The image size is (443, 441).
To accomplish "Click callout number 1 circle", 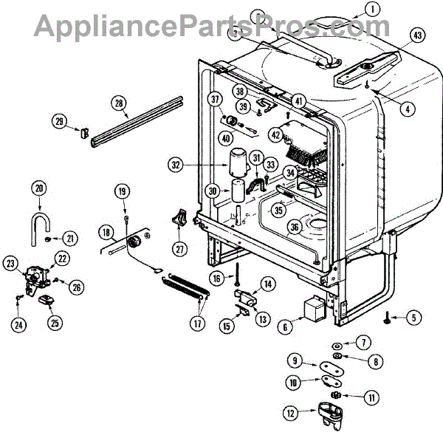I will click(374, 10).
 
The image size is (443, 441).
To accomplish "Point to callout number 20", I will click(39, 189).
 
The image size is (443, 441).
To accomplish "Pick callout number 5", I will click(413, 318).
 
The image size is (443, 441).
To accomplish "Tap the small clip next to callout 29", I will click(83, 132).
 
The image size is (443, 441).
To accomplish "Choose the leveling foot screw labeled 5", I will click(388, 318).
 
